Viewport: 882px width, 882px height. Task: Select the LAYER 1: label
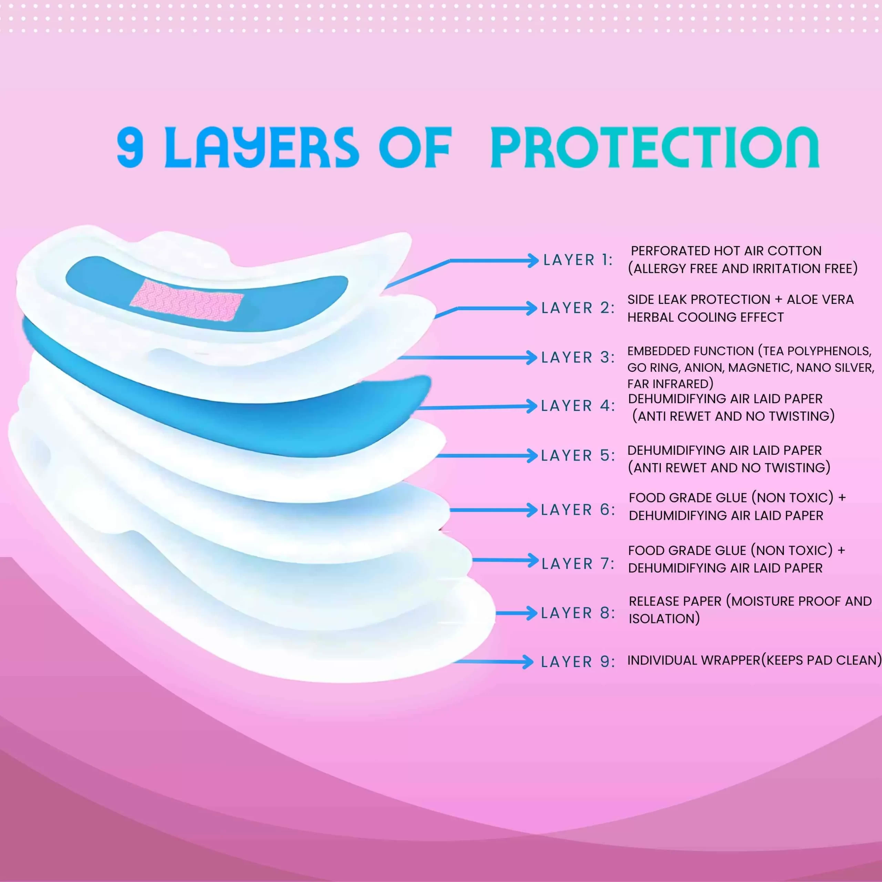click(x=578, y=260)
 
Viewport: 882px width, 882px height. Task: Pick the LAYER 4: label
click(x=578, y=406)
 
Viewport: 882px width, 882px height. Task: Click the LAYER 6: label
click(x=578, y=510)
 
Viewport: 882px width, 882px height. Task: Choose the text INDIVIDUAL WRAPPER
click(x=694, y=660)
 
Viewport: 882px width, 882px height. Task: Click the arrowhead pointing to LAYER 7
click(x=532, y=561)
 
